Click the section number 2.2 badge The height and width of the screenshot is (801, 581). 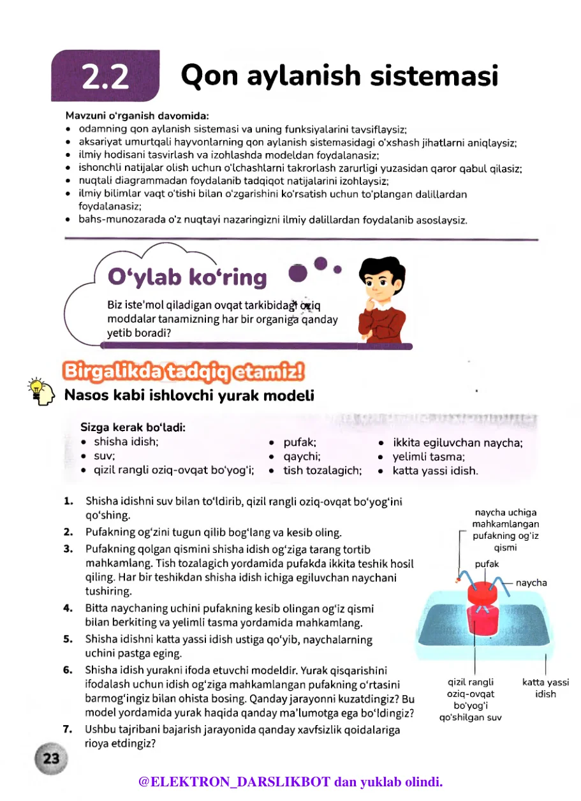pyautogui.click(x=105, y=77)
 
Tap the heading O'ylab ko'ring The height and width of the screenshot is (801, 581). pyautogui.click(x=188, y=277)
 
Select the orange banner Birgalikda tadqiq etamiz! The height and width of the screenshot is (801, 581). pyautogui.click(x=183, y=371)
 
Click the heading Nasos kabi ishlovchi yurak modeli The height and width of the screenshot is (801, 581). pyautogui.click(x=189, y=396)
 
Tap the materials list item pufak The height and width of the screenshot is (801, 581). pyautogui.click(x=299, y=442)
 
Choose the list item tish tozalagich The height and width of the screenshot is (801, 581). pyautogui.click(x=322, y=471)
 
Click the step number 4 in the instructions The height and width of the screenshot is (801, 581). pyautogui.click(x=68, y=608)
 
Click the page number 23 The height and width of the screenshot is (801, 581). pyautogui.click(x=50, y=758)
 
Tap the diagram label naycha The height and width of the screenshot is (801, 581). pyautogui.click(x=531, y=582)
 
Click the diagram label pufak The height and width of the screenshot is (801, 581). pyautogui.click(x=487, y=564)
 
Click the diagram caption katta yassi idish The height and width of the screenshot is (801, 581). pyautogui.click(x=545, y=688)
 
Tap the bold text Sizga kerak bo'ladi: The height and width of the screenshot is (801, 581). pyautogui.click(x=133, y=427)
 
